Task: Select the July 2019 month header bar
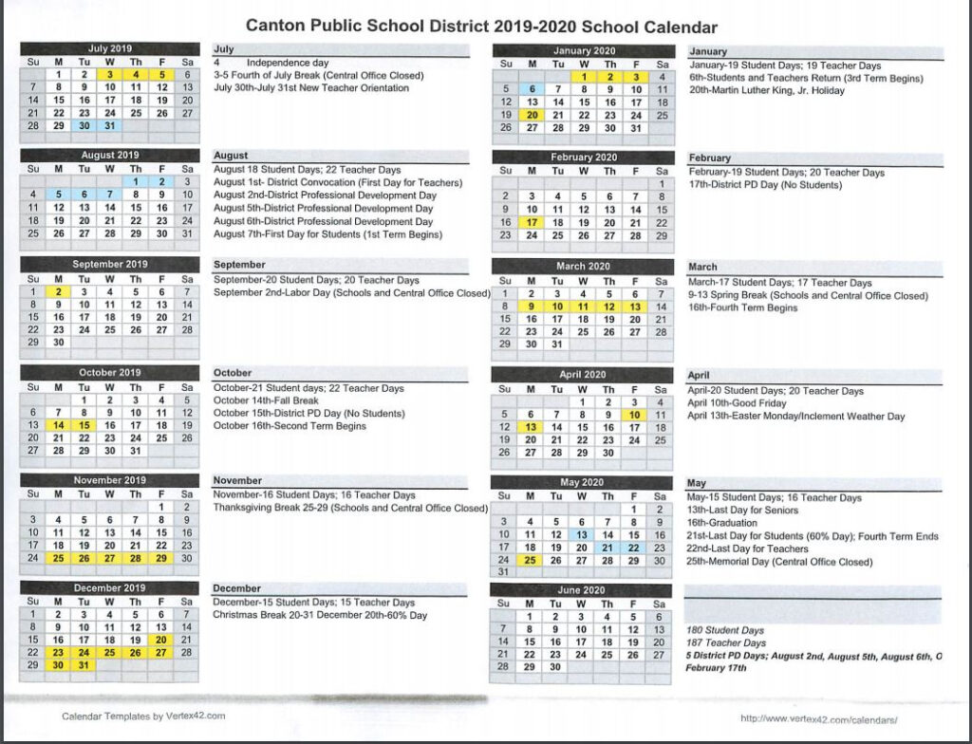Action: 110,49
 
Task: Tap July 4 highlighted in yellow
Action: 136,75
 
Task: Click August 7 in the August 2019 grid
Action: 110,195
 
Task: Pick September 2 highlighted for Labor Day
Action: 59,292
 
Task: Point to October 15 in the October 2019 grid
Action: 84,426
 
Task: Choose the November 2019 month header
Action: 110,481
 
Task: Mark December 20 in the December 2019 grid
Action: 161,640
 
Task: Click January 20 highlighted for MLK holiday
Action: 533,115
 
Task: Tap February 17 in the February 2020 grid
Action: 533,223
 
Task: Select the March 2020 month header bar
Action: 584,267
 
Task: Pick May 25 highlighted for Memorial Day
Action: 533,561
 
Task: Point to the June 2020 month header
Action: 584,590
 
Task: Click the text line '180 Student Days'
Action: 725,630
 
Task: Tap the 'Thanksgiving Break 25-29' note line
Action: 349,509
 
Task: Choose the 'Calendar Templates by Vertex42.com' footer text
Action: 143,716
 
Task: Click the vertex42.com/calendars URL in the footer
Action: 818,718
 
